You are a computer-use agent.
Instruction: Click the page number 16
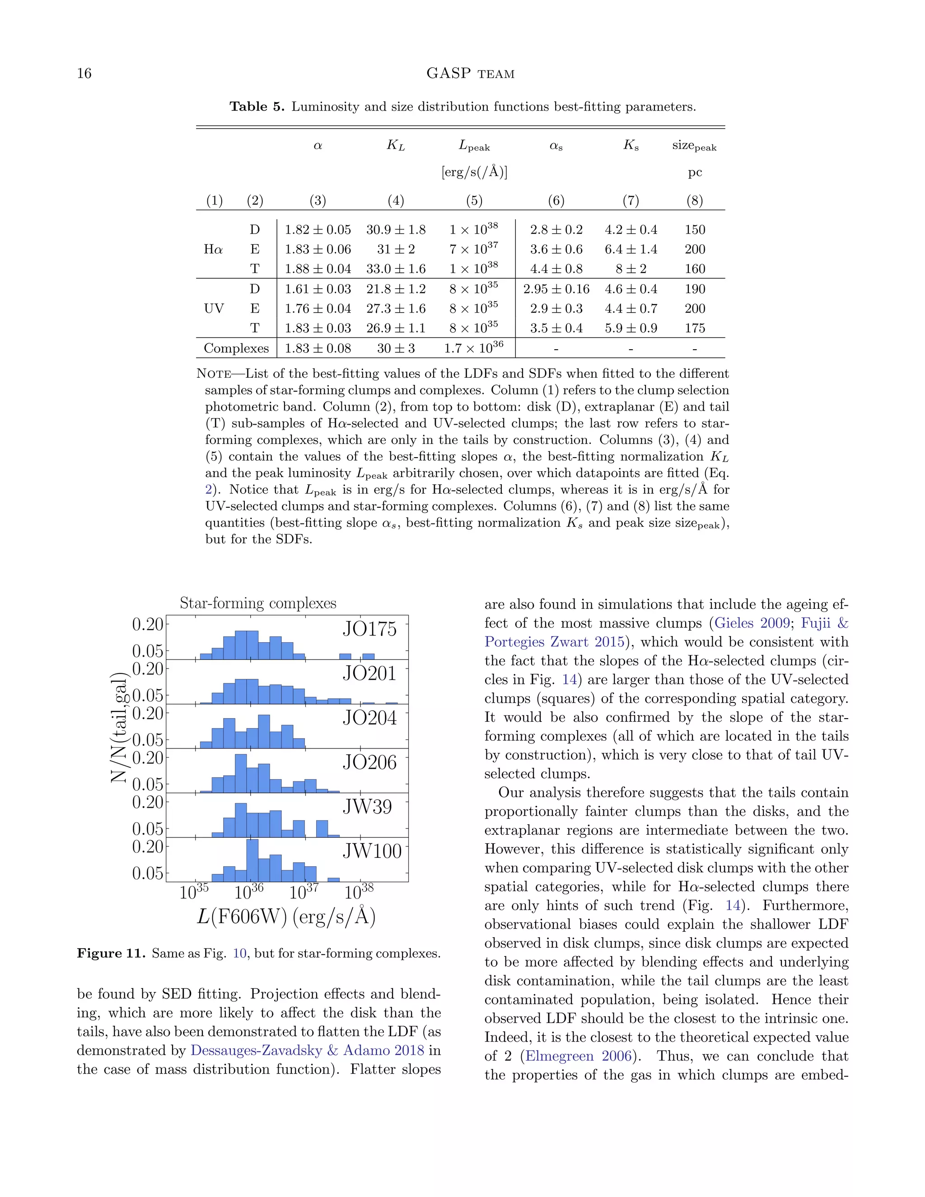tap(84, 74)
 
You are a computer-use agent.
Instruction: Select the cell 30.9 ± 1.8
tap(396, 229)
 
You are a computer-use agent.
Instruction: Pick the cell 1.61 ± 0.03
tap(318, 289)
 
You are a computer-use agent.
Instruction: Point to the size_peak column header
tap(694, 146)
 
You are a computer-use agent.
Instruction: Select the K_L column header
tap(396, 145)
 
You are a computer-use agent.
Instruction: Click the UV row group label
tap(214, 309)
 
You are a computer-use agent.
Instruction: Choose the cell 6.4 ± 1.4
tap(631, 249)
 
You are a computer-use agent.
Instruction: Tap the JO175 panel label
tap(369, 629)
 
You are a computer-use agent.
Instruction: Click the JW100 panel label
tap(372, 851)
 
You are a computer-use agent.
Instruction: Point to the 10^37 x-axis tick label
tap(304, 892)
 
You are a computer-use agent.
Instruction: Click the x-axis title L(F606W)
tap(286, 917)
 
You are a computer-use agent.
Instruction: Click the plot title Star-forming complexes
tap(258, 603)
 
